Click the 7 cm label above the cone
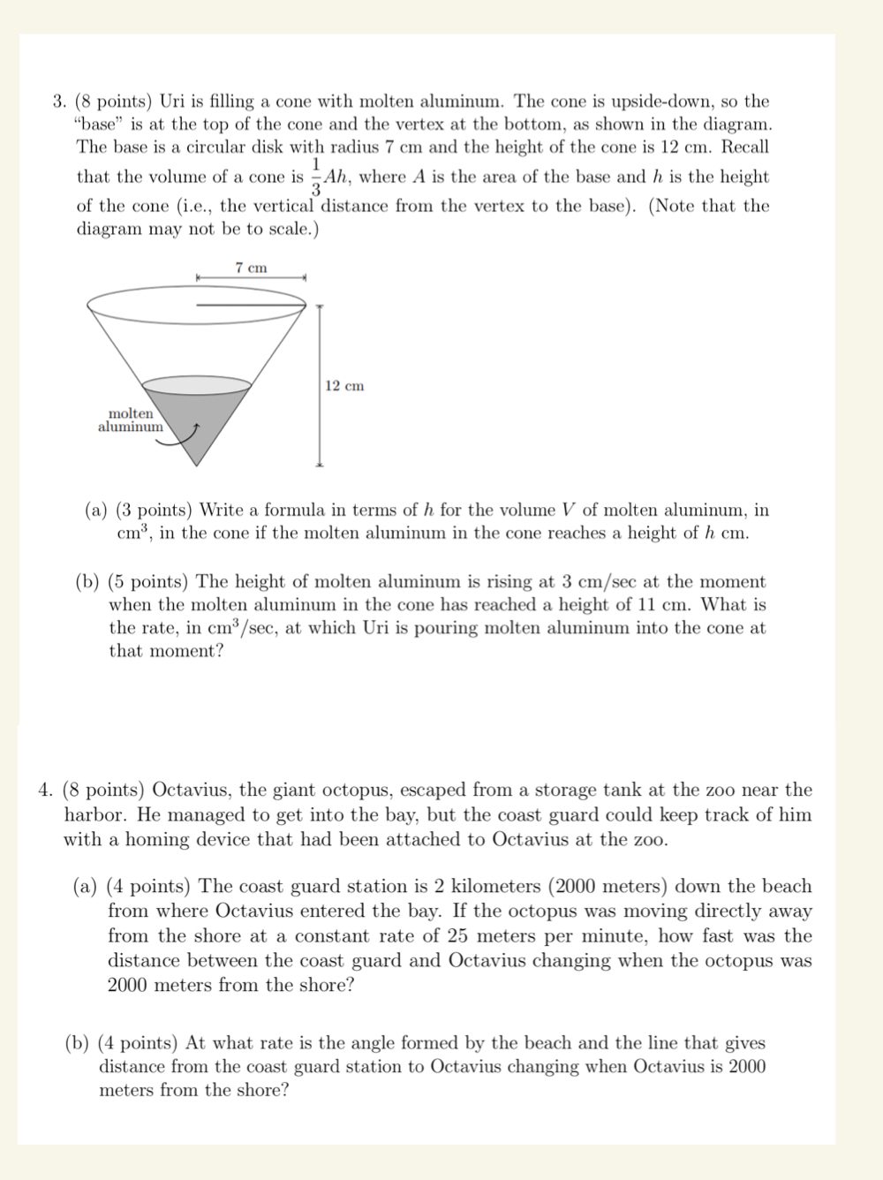click(251, 268)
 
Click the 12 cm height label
click(343, 386)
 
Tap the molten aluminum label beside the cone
click(131, 420)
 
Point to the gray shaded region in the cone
click(200, 415)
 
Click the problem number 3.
click(59, 102)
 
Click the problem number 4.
click(45, 790)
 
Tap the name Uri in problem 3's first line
click(171, 102)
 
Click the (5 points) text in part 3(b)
click(147, 581)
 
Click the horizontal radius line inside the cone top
click(251, 306)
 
